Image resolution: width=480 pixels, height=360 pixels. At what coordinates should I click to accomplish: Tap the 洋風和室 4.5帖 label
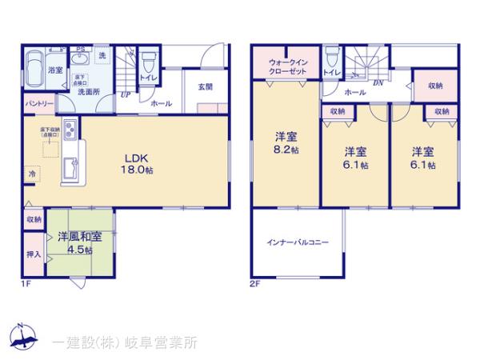[x=78, y=243]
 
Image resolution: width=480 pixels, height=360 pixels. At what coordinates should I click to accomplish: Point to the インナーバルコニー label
[x=298, y=241]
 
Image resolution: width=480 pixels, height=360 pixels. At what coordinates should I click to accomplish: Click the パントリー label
[x=38, y=103]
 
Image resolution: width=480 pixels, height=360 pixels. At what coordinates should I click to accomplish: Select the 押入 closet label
[x=34, y=254]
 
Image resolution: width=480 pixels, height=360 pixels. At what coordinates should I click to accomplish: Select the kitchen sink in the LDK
[x=70, y=169]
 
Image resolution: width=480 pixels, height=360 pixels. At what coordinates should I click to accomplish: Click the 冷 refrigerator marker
[x=33, y=174]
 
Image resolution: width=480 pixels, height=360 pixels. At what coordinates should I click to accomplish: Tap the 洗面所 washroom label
[x=89, y=91]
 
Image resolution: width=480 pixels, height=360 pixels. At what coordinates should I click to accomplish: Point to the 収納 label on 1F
[x=34, y=219]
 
